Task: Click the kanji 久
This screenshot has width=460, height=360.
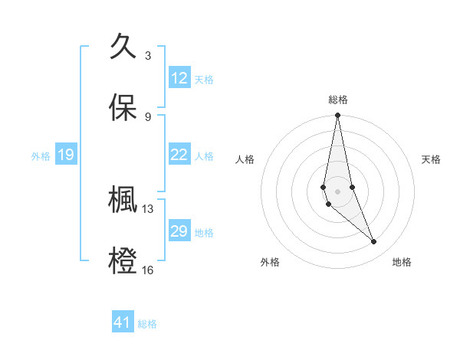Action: tap(123, 47)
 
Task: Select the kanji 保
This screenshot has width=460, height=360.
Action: tap(123, 108)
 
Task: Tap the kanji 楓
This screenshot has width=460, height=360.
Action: tap(123, 200)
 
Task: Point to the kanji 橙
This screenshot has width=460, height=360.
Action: tap(123, 261)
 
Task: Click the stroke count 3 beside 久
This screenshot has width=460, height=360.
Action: tap(148, 55)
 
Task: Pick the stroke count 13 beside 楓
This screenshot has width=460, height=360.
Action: tap(148, 208)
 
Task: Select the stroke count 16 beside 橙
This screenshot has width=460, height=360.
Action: tap(148, 270)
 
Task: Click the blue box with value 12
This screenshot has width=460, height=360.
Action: tap(179, 78)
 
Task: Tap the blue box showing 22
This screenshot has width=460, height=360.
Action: tap(179, 155)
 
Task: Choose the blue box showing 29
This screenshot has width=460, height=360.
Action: tap(179, 231)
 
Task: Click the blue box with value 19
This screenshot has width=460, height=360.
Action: tap(65, 155)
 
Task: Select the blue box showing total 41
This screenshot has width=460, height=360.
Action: tap(123, 322)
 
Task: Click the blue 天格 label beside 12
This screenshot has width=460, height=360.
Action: tap(204, 79)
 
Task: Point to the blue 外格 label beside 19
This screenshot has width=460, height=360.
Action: tap(41, 156)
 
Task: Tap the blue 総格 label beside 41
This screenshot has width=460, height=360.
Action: tap(147, 324)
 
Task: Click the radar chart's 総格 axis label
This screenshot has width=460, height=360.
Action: tap(338, 100)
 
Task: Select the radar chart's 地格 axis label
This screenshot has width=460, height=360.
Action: tap(402, 262)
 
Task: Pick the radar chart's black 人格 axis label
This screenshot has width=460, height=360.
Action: tap(245, 159)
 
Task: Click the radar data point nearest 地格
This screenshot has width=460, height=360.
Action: tap(374, 242)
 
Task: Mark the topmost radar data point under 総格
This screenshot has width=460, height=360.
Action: tap(337, 116)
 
